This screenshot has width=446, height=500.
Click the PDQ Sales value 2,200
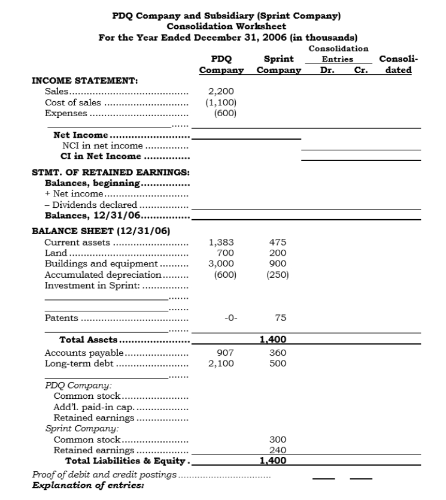(221, 92)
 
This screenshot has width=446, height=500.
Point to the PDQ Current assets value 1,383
(221, 243)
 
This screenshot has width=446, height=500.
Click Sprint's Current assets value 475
(278, 243)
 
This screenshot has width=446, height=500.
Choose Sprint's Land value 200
(278, 253)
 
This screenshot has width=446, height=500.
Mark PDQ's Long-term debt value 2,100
(221, 363)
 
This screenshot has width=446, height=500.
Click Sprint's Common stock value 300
(278, 440)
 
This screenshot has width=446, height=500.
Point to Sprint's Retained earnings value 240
(278, 450)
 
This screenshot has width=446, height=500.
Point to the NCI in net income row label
(102, 146)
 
